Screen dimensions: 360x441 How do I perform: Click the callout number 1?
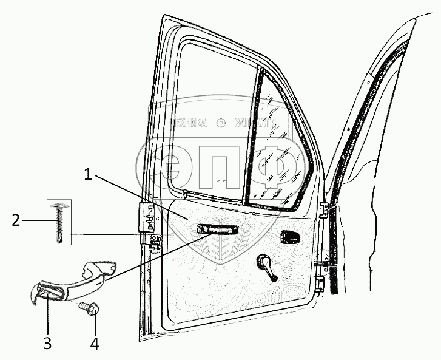[x=88, y=175]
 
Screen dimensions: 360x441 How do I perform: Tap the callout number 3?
[x=47, y=343]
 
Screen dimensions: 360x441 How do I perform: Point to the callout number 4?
[x=94, y=343]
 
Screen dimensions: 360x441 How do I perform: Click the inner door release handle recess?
[x=290, y=237]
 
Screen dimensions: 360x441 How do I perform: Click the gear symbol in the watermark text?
[x=221, y=123]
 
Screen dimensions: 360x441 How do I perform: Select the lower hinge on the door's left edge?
[x=156, y=242]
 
